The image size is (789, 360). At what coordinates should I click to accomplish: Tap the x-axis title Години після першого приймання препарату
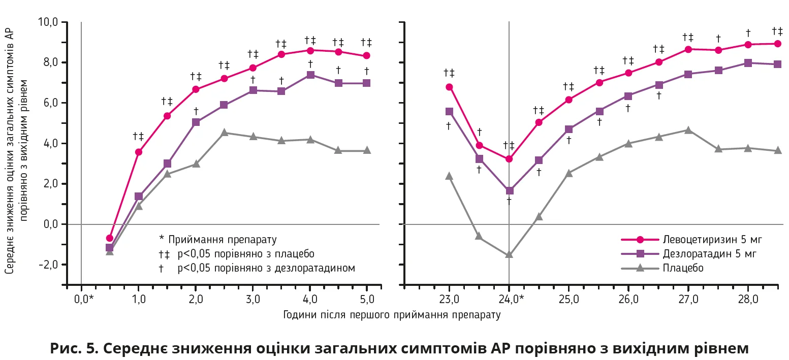coord(392,315)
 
